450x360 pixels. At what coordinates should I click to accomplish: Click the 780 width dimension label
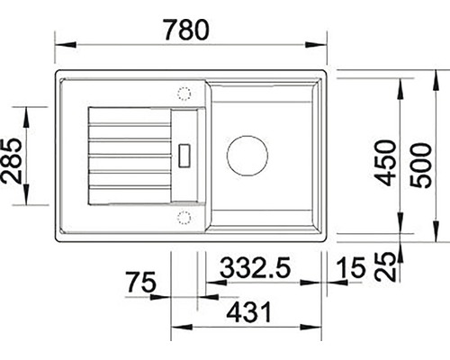click(186, 30)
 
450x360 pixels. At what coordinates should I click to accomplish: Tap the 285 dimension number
click(12, 161)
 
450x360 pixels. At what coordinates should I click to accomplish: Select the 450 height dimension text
click(386, 163)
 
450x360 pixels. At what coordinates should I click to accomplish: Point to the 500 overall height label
click(420, 166)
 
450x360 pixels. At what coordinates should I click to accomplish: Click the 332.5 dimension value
click(256, 267)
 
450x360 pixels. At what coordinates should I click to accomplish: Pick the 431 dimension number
click(249, 312)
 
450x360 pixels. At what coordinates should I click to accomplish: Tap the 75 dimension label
click(141, 282)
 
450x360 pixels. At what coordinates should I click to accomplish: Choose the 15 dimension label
click(351, 267)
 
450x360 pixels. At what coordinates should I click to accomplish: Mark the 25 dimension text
click(385, 266)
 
